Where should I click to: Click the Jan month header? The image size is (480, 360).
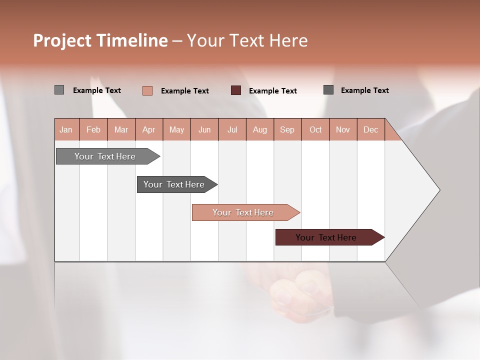66,129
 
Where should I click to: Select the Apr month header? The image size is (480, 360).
149,129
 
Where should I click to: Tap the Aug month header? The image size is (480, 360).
260,129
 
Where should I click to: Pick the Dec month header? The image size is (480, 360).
371,129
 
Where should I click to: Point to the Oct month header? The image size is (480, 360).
315,129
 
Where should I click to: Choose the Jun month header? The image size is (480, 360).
204,129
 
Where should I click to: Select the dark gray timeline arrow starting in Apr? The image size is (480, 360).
175,184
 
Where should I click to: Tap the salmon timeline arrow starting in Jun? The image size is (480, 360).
244,212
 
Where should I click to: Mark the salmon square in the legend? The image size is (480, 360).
147,90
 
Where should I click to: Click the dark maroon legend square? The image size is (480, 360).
236,90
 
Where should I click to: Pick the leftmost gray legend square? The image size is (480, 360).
59,90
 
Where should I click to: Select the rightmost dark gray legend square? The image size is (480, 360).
328,90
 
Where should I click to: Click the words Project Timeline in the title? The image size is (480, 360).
100,40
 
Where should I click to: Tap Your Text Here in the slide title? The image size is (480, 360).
247,40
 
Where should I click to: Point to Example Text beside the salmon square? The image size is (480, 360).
185,91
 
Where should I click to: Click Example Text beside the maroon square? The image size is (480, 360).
273,91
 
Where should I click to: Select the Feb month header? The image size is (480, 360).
93,129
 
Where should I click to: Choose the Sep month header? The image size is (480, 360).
287,129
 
